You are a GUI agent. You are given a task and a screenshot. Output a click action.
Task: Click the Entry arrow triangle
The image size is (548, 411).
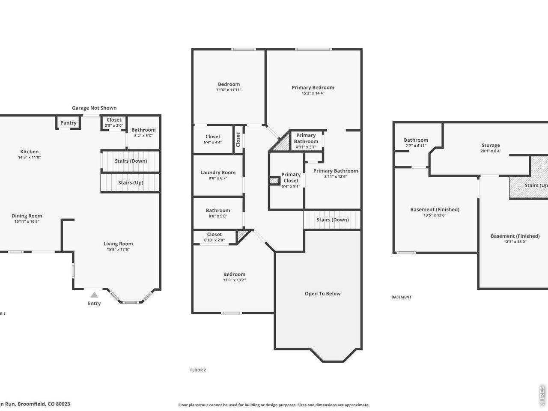pos(94,295)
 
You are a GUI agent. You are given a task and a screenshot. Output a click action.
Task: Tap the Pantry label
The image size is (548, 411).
pos(68,123)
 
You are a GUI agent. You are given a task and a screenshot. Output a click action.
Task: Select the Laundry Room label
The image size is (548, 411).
pos(218,173)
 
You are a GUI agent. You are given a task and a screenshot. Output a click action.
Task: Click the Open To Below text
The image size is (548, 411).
pos(322,294)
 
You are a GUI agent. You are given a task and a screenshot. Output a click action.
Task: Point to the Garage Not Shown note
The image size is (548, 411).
pos(94,108)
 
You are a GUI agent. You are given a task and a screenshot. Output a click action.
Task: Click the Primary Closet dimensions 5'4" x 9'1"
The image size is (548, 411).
pos(291,186)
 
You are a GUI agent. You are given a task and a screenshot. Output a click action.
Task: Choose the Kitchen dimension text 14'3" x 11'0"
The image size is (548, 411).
pos(30,157)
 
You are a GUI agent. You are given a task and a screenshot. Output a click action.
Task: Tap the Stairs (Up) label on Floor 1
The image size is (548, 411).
pos(131,182)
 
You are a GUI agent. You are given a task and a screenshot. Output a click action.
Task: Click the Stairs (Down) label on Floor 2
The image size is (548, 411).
pos(333,220)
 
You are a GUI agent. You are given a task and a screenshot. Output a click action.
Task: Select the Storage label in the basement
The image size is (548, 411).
pos(491,146)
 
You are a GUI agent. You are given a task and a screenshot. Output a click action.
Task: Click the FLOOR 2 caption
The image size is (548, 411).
pos(198,370)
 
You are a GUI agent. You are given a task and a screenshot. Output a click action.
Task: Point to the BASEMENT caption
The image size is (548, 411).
pos(401,297)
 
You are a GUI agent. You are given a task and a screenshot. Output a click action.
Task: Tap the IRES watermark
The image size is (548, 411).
pos(542,396)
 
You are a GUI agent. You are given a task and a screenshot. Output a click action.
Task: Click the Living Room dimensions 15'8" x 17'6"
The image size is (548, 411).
pos(118,249)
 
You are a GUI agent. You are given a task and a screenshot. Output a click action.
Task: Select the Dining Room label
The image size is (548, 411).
pos(27,216)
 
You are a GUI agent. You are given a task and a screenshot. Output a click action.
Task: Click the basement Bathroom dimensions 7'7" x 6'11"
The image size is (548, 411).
pos(416,146)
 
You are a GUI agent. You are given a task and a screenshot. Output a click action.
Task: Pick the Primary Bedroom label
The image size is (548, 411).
pos(313,87)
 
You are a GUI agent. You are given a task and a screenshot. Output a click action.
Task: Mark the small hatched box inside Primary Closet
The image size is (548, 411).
pos(274,181)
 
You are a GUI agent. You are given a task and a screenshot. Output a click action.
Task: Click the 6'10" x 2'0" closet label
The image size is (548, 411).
pos(214,240)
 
